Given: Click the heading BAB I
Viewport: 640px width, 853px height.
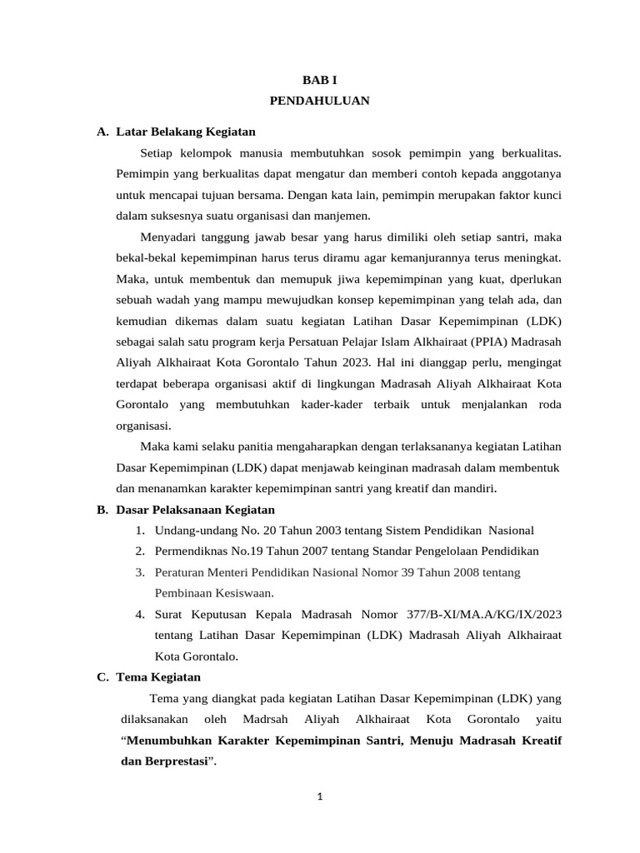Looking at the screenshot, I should pos(319,80).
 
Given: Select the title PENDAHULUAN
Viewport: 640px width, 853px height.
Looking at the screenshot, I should pos(319,101).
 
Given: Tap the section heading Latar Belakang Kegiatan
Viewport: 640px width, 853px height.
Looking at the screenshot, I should pos(186,132).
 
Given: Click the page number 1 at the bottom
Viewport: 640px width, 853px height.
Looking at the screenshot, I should pos(319,796).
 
